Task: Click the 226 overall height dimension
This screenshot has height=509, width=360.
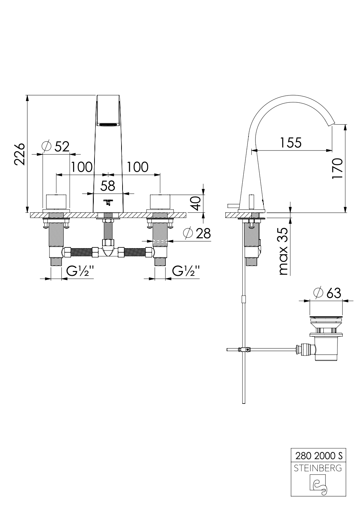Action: tap(19, 154)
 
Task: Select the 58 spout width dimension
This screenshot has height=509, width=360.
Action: tap(108, 186)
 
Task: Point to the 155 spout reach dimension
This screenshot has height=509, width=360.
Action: tap(291, 143)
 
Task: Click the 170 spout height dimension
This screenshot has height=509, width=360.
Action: tap(337, 169)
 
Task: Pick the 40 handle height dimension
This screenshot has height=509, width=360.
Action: tap(196, 203)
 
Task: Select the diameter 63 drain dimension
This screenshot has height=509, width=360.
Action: tap(327, 293)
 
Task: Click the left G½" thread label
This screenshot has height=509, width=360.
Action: tap(80, 271)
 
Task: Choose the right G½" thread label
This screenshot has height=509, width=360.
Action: tap(186, 271)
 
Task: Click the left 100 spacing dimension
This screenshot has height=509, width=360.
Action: tap(82, 167)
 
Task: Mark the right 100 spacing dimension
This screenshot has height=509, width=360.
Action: tap(137, 167)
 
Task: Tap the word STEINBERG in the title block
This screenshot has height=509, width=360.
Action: tap(318, 468)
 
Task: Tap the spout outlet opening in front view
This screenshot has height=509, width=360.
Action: tap(108, 124)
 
